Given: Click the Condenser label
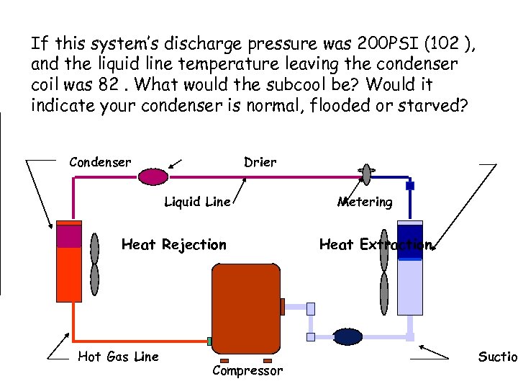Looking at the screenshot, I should (x=100, y=162).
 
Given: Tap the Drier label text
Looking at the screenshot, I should (x=260, y=162).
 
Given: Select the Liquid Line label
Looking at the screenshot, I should (x=197, y=202).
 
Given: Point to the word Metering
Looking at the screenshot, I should (x=365, y=202).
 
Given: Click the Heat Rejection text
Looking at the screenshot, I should (x=174, y=245).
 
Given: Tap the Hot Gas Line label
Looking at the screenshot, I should (x=118, y=356).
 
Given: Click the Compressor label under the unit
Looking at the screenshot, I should (x=247, y=370).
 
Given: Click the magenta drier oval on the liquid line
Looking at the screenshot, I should (x=153, y=176).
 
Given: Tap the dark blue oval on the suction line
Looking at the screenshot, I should (x=347, y=336).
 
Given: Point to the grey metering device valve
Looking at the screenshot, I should (x=366, y=174).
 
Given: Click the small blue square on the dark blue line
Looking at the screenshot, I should (x=410, y=186).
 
